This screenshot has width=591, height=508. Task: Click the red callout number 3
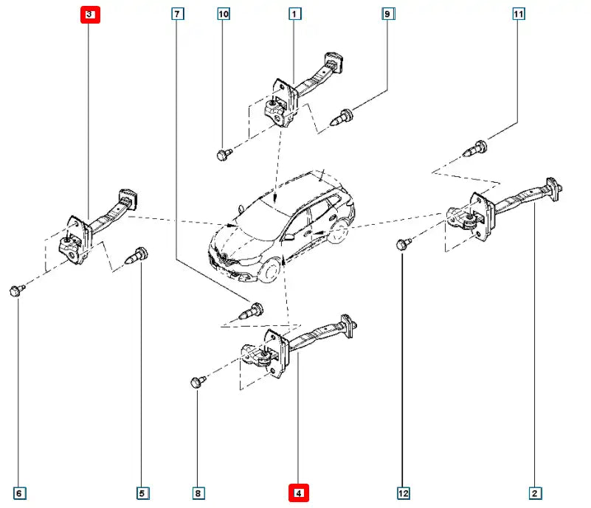tap(89, 14)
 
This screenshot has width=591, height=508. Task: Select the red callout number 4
tap(298, 493)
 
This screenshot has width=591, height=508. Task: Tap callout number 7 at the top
tap(177, 14)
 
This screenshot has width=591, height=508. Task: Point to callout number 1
tap(294, 14)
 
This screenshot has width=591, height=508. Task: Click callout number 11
tap(519, 14)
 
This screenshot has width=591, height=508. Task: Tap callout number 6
tap(20, 493)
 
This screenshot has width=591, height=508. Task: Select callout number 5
tap(142, 493)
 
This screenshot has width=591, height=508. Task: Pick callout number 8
tap(198, 493)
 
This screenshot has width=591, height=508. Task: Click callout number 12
tap(402, 493)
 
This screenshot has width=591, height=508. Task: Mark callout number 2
tap(535, 493)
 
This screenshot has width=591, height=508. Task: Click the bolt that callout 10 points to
tap(224, 154)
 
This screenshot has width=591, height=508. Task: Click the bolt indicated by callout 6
tap(16, 290)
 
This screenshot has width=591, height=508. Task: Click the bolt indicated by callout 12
tap(403, 244)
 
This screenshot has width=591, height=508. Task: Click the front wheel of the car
tap(274, 268)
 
